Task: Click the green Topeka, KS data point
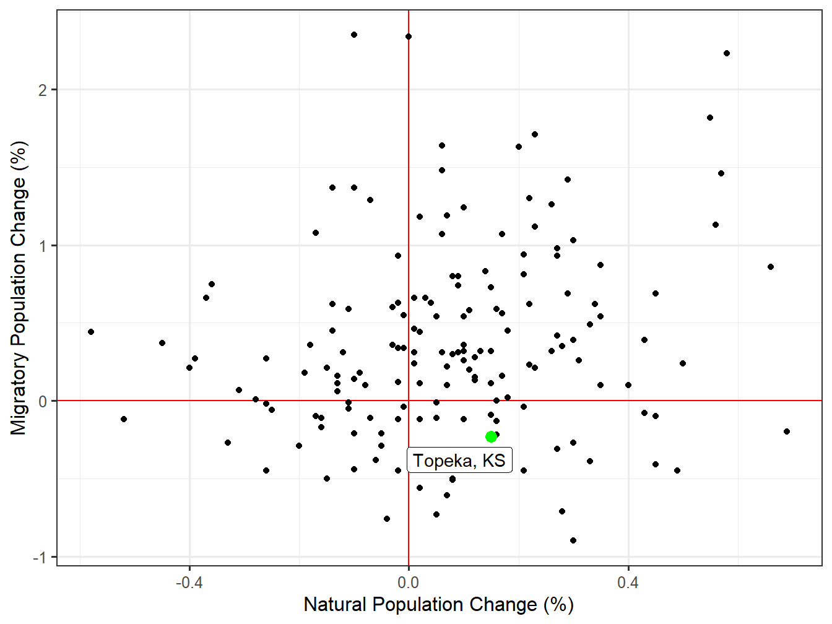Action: tap(491, 436)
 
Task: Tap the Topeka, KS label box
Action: tap(459, 461)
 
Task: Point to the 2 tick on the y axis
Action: tap(43, 90)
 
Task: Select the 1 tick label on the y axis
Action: tap(43, 246)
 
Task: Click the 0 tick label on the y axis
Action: tap(43, 402)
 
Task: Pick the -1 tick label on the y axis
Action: tap(40, 558)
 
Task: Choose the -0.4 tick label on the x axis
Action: tap(189, 583)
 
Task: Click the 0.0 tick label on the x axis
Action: tap(409, 583)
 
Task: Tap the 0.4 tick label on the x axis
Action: tap(628, 583)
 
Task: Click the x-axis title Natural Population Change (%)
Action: tap(438, 605)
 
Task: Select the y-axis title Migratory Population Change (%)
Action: tap(19, 288)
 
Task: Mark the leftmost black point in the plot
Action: tap(91, 332)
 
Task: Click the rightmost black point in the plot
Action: tap(787, 431)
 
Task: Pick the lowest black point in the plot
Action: tap(573, 540)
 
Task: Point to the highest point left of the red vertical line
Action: tap(354, 35)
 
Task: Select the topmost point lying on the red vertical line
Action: tap(409, 37)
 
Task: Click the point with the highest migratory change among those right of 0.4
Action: tap(727, 53)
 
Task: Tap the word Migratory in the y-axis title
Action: tap(19, 394)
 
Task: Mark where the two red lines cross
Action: tap(409, 401)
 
